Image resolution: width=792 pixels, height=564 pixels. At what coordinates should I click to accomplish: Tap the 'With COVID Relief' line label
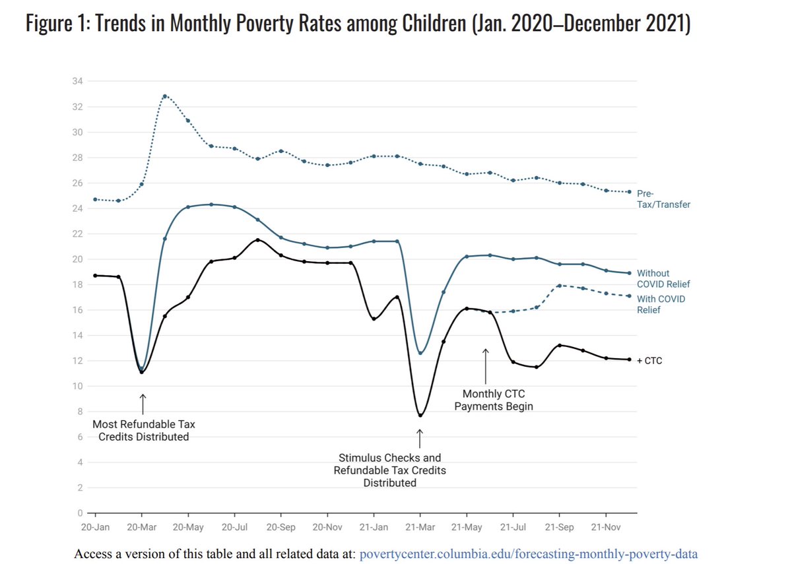(661, 304)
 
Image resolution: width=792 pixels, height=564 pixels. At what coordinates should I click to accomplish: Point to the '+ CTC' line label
(649, 361)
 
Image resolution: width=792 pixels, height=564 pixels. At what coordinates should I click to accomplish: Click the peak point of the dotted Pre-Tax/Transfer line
(164, 96)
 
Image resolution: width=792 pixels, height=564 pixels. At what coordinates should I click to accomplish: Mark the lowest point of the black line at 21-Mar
(420, 415)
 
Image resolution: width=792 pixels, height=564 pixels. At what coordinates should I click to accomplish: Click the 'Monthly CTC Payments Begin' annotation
(494, 400)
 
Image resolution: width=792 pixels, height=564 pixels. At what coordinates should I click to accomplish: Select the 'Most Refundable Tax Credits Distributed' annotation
(144, 430)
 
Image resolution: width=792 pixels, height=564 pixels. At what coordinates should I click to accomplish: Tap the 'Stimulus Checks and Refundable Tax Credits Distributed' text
(390, 470)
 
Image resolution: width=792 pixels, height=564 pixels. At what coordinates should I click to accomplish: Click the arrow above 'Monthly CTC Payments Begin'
(486, 366)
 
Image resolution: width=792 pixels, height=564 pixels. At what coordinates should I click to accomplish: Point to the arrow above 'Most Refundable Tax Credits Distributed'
(143, 404)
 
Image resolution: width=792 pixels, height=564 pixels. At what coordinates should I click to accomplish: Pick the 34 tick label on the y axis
(78, 81)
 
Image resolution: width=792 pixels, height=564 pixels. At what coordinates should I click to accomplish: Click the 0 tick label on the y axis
(81, 513)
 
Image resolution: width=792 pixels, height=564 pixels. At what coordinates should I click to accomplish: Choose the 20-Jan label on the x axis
(96, 528)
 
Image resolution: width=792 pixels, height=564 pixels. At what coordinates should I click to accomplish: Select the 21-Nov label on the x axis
(607, 528)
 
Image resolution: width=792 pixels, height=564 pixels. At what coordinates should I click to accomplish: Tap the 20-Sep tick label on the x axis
(281, 528)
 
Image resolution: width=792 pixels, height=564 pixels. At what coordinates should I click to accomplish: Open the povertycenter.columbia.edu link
(529, 553)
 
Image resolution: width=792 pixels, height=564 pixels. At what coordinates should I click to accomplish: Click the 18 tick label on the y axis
(78, 284)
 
